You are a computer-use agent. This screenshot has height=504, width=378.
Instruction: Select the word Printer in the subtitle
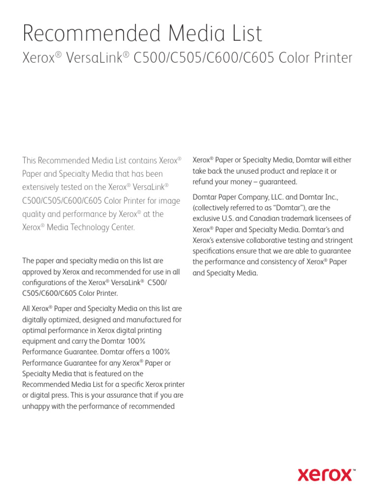coord(329,58)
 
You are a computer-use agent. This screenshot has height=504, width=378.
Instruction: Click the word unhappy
coord(37,407)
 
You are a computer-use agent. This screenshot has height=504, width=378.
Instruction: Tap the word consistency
coord(273,262)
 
